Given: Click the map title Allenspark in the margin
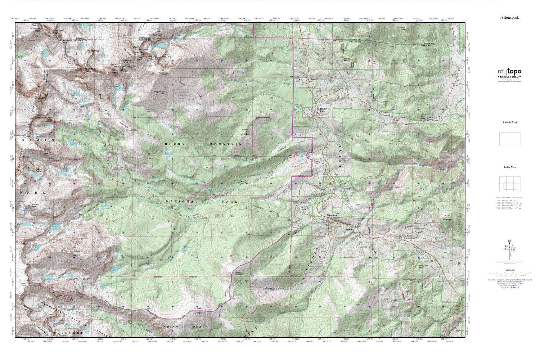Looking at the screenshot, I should pos(509,17).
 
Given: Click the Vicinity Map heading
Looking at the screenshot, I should pos(509,122).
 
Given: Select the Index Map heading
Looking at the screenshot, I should pos(509,167).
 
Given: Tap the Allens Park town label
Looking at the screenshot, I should pos(332,215).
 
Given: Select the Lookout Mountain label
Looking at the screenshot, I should pos(245,132).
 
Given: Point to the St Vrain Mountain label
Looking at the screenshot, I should pos(198,310).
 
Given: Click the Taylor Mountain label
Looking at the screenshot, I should pos(447,217).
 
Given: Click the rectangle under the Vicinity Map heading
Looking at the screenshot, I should pos(509,139).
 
